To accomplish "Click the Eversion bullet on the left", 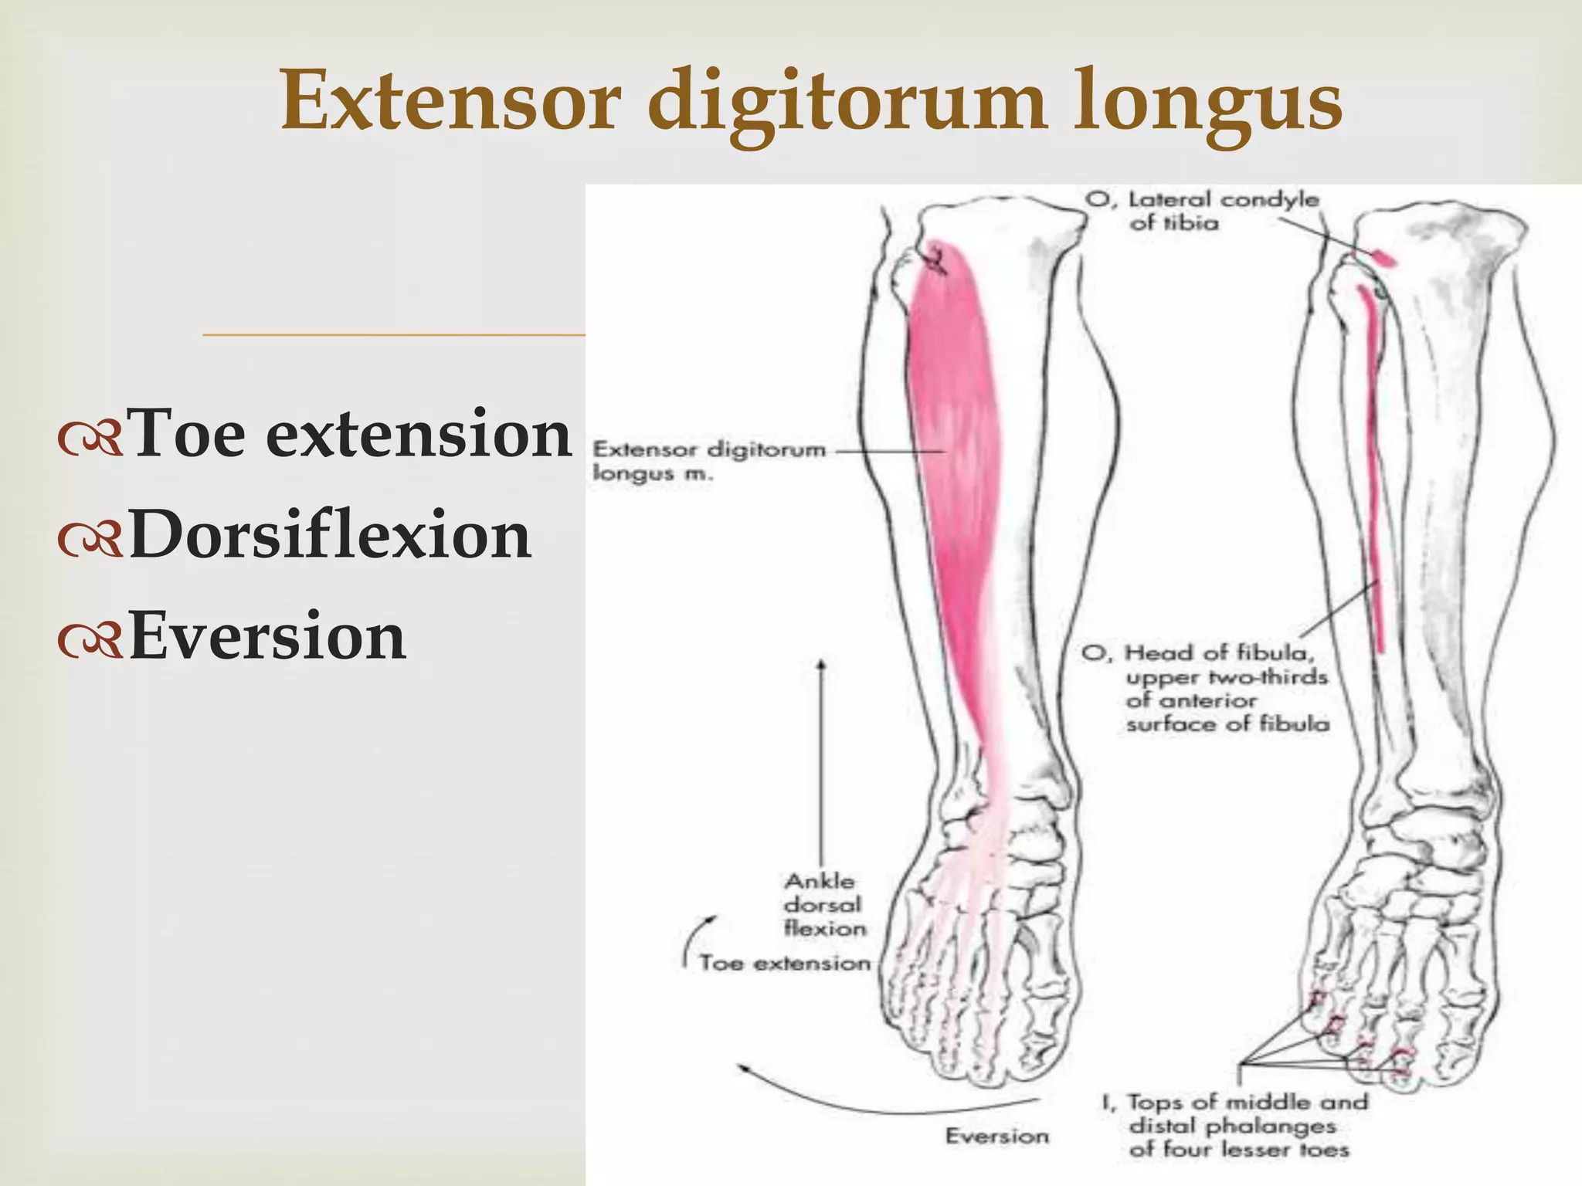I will pos(267,637).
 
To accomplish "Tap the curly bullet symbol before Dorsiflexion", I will pos(90,539).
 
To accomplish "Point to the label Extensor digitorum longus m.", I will pos(707,461).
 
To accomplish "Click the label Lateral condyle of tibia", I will pos(1201,211).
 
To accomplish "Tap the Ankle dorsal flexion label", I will pos(823,904).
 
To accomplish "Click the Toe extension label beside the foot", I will pos(784,964).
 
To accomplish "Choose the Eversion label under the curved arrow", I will pos(996,1136).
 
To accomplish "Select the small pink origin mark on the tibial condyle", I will pos(1383,257).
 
